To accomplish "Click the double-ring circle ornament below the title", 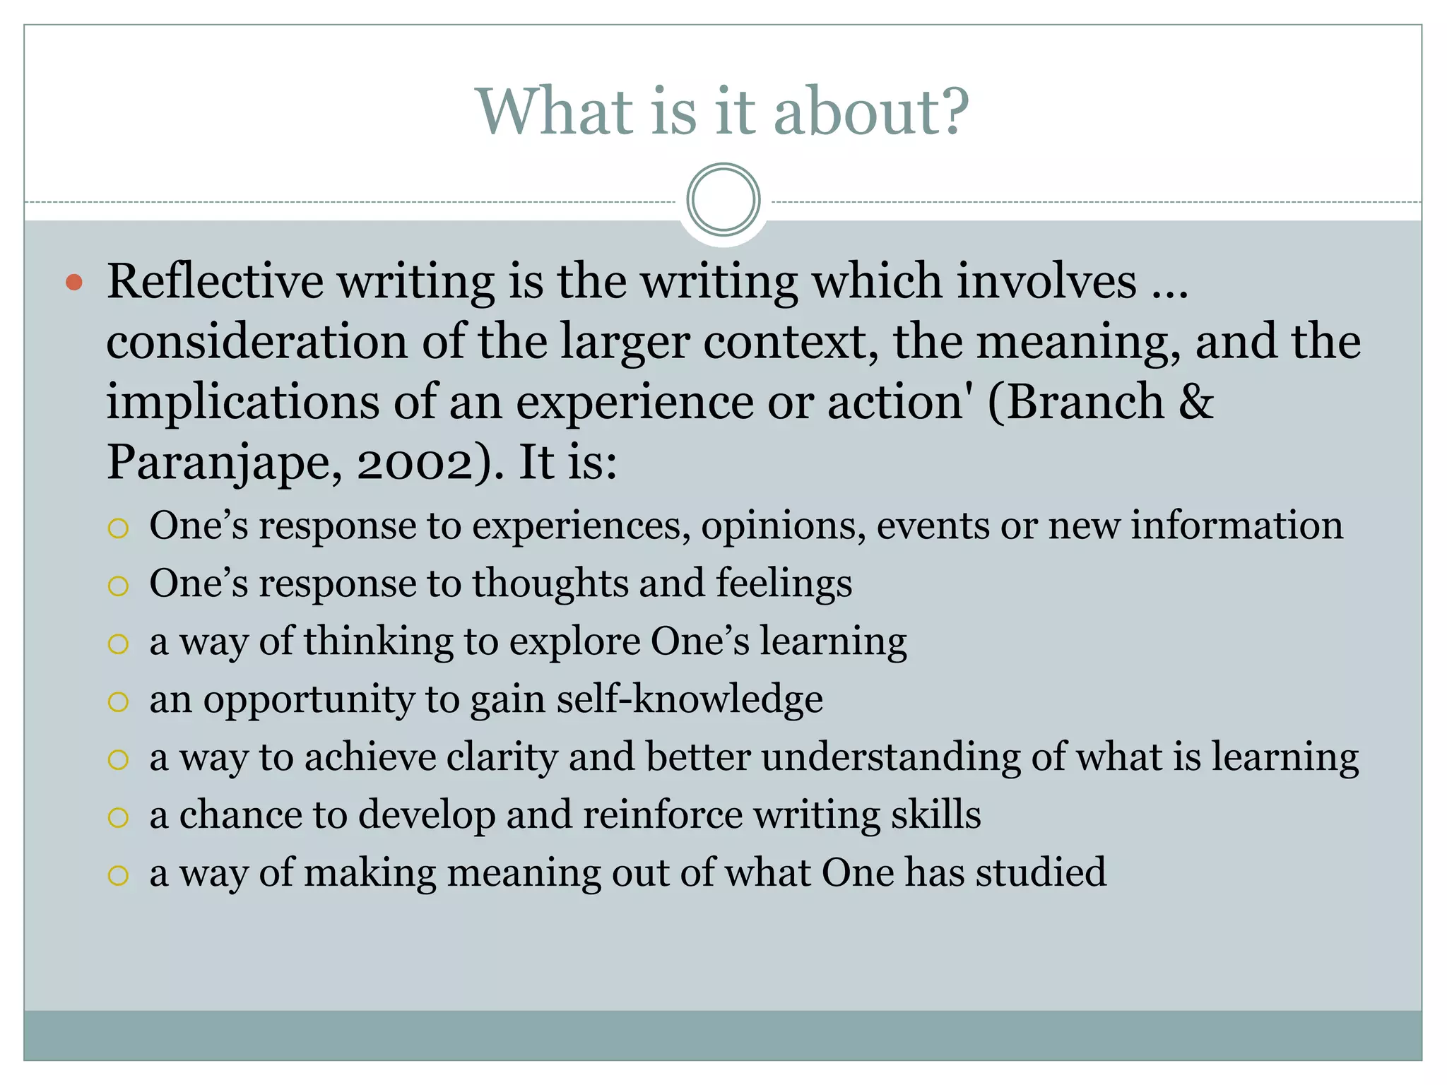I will coord(723,200).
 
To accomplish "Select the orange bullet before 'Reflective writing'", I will coord(74,283).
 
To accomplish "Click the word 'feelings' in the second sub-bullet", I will coord(784,585).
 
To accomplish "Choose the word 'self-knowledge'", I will coord(690,699).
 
